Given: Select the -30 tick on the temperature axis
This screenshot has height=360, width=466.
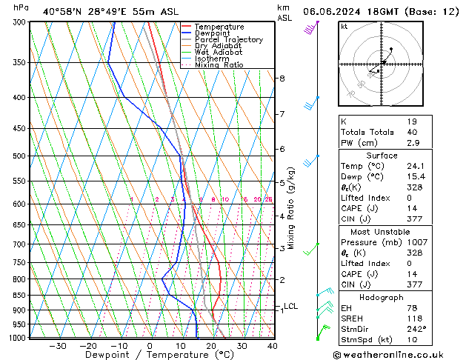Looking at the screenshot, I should coord(58,346).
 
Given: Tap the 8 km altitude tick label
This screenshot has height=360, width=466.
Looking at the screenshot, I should coord(282,79).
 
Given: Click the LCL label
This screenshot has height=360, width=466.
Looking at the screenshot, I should coord(290,306).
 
